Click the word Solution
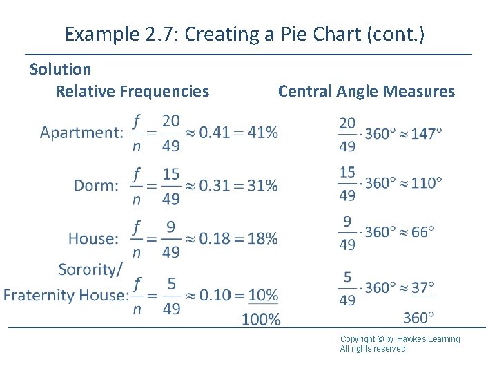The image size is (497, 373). [x=60, y=69]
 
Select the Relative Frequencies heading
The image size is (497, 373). [x=132, y=91]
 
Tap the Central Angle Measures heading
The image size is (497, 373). [x=366, y=91]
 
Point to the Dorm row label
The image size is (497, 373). [x=96, y=185]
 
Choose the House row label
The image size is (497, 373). [x=93, y=239]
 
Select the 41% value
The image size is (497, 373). [x=263, y=132]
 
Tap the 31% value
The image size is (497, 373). [x=262, y=185]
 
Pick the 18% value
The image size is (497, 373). [x=262, y=239]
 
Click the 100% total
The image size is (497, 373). [x=261, y=319]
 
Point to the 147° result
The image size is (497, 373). [x=427, y=133]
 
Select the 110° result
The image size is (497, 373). [x=427, y=183]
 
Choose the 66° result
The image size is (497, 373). [x=422, y=232]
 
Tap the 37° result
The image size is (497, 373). [x=422, y=287]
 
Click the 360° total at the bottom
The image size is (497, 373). [x=418, y=318]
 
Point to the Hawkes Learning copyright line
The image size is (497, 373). [x=400, y=338]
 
